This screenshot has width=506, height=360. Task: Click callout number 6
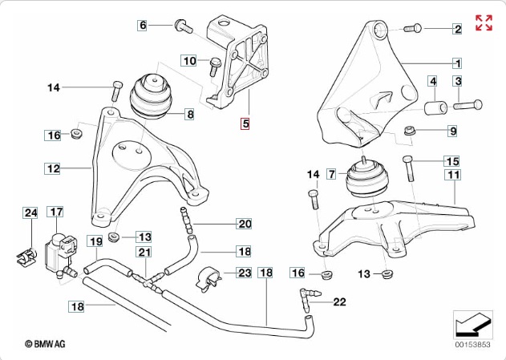tap(144, 26)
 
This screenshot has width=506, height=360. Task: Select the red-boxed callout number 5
tap(246, 123)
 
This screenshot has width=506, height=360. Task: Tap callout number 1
tap(457, 63)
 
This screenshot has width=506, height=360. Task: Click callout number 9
tap(452, 131)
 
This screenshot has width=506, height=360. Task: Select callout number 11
tap(453, 175)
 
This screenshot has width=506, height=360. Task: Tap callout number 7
tap(330, 173)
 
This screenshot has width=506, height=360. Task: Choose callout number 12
tap(53, 169)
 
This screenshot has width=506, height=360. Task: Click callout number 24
tap(30, 213)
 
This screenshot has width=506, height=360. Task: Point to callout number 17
tap(55, 212)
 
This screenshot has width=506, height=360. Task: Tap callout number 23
tap(244, 273)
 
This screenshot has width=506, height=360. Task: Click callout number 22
tap(338, 301)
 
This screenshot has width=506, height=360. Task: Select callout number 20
tap(245, 223)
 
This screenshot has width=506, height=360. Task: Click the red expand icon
tap(484, 22)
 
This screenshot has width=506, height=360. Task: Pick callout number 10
tap(189, 61)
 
